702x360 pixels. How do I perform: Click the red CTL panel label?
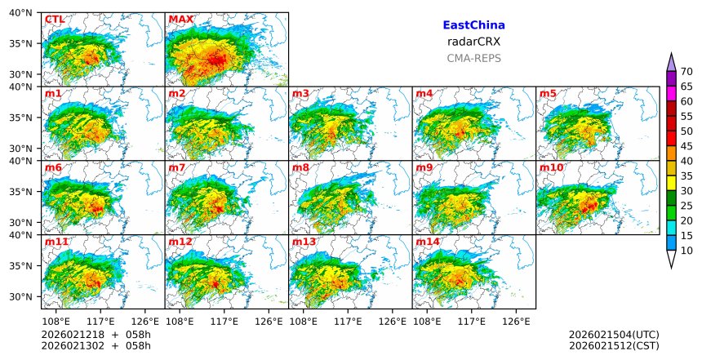point(55,19)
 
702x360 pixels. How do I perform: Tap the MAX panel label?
point(180,19)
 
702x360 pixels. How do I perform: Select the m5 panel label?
point(548,93)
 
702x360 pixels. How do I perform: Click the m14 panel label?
point(427,242)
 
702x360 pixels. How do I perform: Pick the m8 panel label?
point(300,167)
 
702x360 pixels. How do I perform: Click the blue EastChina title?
point(473,25)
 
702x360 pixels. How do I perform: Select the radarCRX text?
point(473,42)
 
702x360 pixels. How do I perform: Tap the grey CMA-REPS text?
point(473,58)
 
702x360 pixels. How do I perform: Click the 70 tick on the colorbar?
point(686,71)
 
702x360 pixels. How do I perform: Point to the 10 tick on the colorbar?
point(686,251)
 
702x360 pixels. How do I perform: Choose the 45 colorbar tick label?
point(686,146)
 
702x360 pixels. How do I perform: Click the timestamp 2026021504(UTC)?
point(614,335)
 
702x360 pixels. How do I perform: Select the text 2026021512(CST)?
point(614,345)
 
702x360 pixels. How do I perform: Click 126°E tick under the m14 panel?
point(516,320)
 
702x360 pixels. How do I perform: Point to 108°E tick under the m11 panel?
point(56,320)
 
